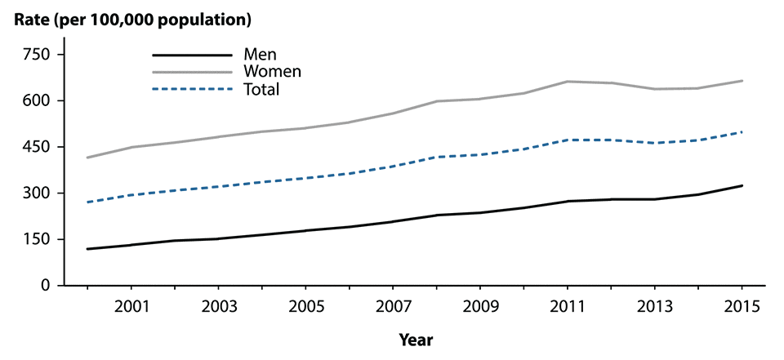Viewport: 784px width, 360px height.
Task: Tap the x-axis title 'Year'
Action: [416, 339]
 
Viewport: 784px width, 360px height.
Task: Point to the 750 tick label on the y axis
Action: [35, 55]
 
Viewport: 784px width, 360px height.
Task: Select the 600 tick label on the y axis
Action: [35, 101]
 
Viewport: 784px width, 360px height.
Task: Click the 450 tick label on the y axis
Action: [35, 147]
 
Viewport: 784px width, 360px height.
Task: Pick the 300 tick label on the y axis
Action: [35, 193]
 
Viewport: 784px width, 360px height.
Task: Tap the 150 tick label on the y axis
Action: [35, 239]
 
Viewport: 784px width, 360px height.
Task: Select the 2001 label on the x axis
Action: [131, 308]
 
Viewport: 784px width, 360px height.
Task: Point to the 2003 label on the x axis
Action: [218, 308]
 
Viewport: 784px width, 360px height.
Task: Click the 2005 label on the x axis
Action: [305, 308]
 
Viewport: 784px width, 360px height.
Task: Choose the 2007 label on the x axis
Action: [393, 308]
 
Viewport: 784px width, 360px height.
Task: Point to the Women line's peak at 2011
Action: [568, 82]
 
